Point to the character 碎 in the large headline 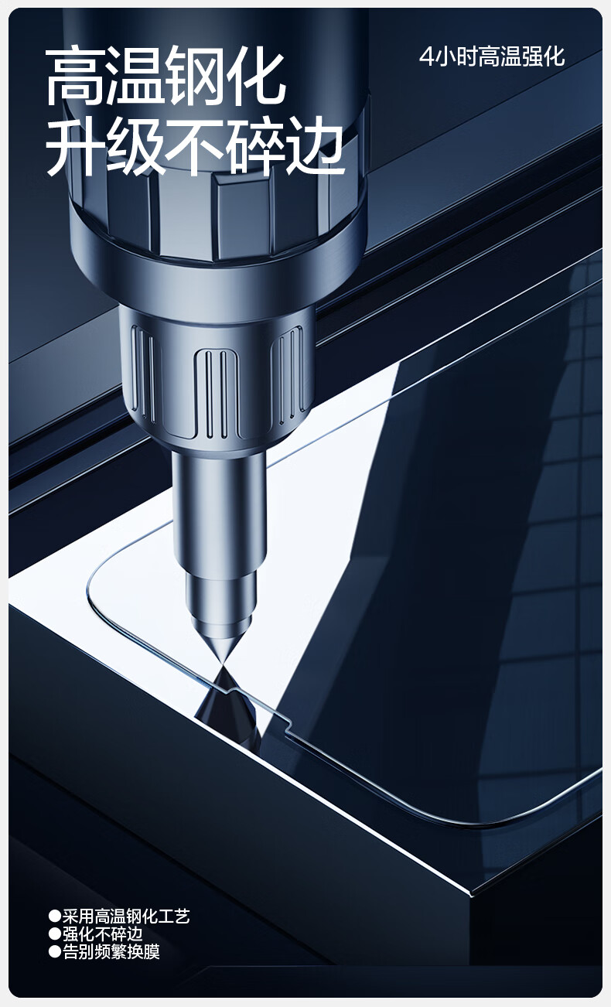coord(256,145)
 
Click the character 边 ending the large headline coord(316,145)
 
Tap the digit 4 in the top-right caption coord(426,56)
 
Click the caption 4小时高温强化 coord(492,56)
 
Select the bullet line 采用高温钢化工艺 coord(125,917)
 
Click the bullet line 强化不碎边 coord(102,934)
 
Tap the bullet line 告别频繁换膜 coord(111,952)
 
